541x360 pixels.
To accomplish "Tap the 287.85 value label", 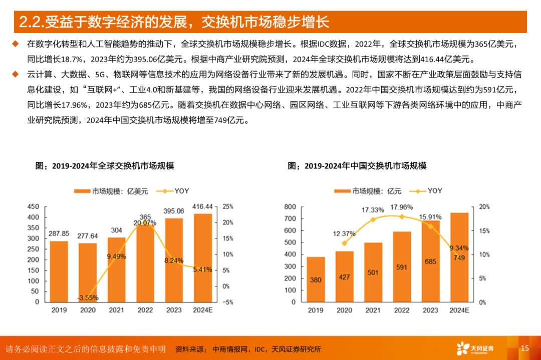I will click(59, 234).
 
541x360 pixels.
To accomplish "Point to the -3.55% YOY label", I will click(88, 297).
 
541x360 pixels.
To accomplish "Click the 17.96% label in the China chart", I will click(402, 207).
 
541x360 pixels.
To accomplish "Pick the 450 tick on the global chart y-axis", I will click(33, 207).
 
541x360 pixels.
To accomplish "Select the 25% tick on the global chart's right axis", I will click(228, 207).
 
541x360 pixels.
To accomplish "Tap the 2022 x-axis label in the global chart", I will click(145, 310).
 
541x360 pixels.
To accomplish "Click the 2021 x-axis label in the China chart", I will click(373, 310).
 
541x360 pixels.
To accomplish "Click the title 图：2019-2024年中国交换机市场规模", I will click(357, 166).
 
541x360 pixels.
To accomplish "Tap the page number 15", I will click(524, 348).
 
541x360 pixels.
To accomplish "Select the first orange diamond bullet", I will click(15, 44).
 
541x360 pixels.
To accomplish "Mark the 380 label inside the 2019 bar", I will click(316, 280).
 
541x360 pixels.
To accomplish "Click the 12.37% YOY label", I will click(344, 233).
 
